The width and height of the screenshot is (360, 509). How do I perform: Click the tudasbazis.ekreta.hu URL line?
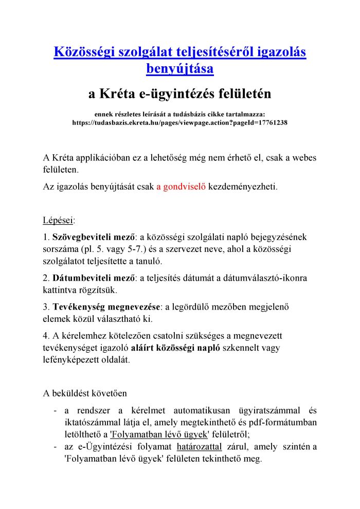179,123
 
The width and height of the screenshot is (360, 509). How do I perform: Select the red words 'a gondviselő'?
181,186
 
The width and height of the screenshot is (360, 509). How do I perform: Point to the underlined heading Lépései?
59,221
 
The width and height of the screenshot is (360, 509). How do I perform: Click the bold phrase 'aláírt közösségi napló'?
176,348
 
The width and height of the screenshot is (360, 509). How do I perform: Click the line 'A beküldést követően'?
85,394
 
